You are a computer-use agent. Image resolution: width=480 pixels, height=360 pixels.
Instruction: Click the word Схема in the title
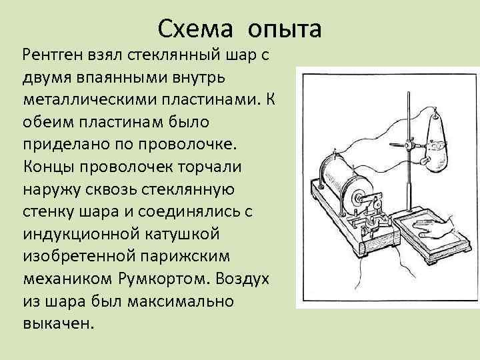point(198,29)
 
